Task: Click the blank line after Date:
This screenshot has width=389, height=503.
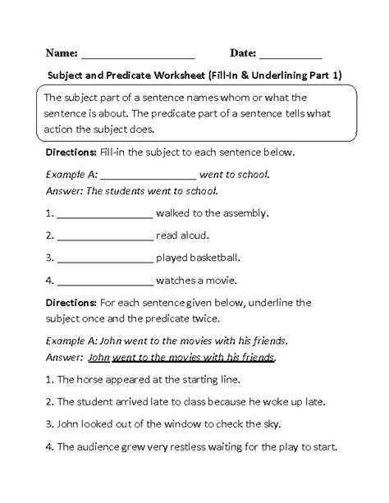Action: pyautogui.click(x=291, y=56)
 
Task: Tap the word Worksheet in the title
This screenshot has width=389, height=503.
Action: pyautogui.click(x=178, y=75)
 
